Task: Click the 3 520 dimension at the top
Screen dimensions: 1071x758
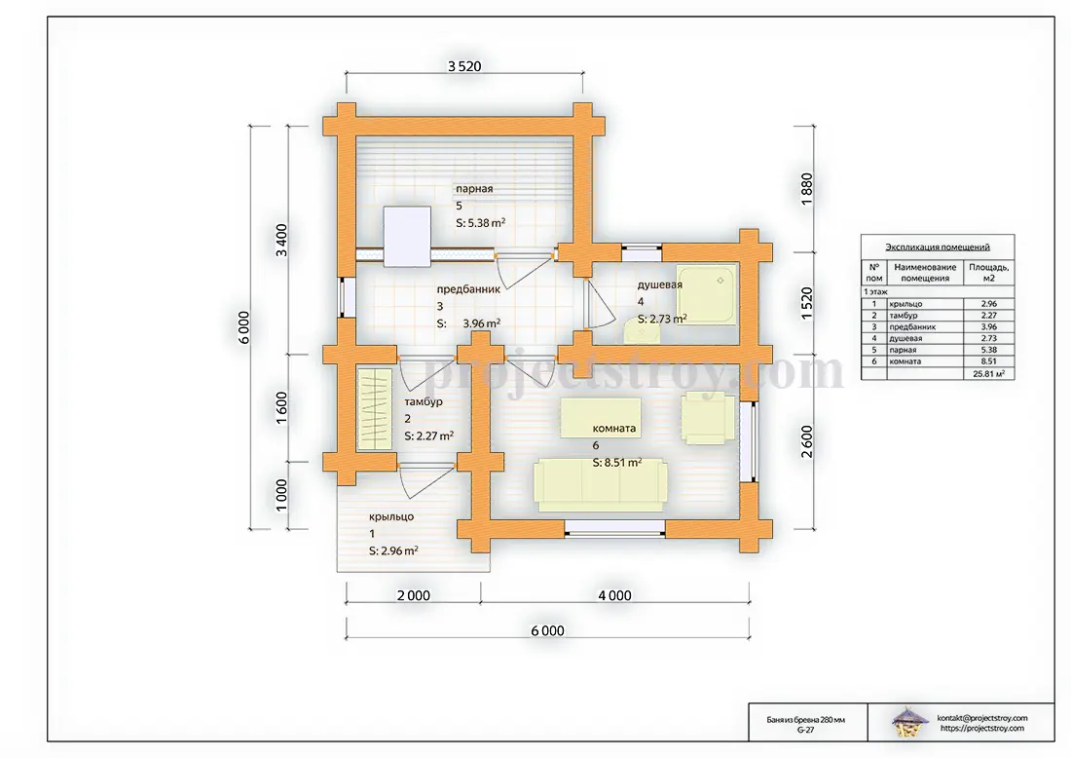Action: (x=464, y=66)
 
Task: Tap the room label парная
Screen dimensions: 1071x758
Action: (x=474, y=189)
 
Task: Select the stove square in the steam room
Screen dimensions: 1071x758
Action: (x=407, y=237)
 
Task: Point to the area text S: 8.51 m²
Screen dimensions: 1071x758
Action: (x=616, y=462)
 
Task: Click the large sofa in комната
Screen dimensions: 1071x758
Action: (x=600, y=484)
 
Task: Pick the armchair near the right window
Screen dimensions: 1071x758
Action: (x=708, y=418)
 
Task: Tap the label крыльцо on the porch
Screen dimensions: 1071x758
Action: (x=391, y=516)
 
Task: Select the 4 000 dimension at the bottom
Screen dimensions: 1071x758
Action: (x=614, y=595)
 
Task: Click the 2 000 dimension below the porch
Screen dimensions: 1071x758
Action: (x=414, y=595)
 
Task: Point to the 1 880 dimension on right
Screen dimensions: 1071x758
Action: (x=807, y=189)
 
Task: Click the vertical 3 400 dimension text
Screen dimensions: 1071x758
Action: (x=281, y=240)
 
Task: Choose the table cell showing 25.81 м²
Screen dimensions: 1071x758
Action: (x=988, y=374)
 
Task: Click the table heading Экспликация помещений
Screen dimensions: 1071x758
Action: (x=937, y=246)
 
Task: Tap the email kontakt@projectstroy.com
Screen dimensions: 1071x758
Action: (x=982, y=718)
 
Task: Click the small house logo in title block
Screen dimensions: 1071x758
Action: (x=909, y=723)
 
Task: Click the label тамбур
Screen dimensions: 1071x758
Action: (x=424, y=402)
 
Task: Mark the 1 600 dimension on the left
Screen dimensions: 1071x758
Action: (x=281, y=408)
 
